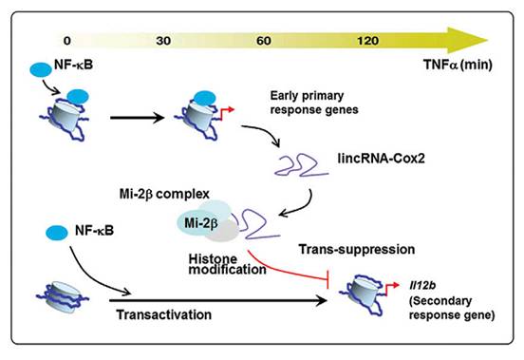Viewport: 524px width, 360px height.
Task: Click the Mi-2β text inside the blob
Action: [x=192, y=222]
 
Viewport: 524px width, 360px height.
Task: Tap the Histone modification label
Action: [x=209, y=265]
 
